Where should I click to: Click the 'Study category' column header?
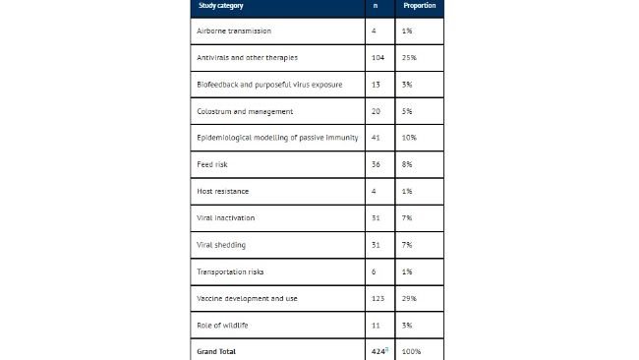[223, 6]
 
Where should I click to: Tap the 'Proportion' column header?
[420, 6]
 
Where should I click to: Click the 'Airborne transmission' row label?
[234, 31]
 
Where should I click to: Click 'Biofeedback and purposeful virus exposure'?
[269, 85]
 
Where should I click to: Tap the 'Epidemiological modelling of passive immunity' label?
[277, 138]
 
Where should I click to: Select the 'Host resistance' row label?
[223, 191]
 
